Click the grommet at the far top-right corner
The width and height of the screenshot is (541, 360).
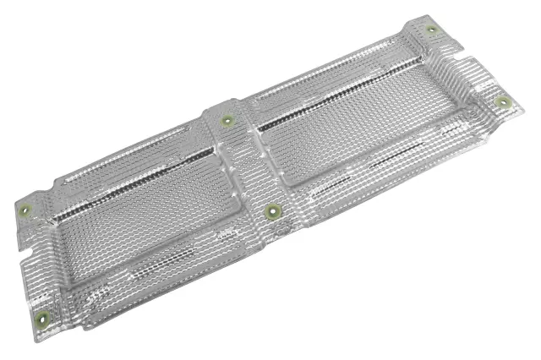(x=431, y=30)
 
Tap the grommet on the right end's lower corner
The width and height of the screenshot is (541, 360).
(x=504, y=103)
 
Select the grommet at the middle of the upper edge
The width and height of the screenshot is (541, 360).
(x=226, y=120)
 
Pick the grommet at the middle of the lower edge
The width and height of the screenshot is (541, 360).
(x=273, y=211)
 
